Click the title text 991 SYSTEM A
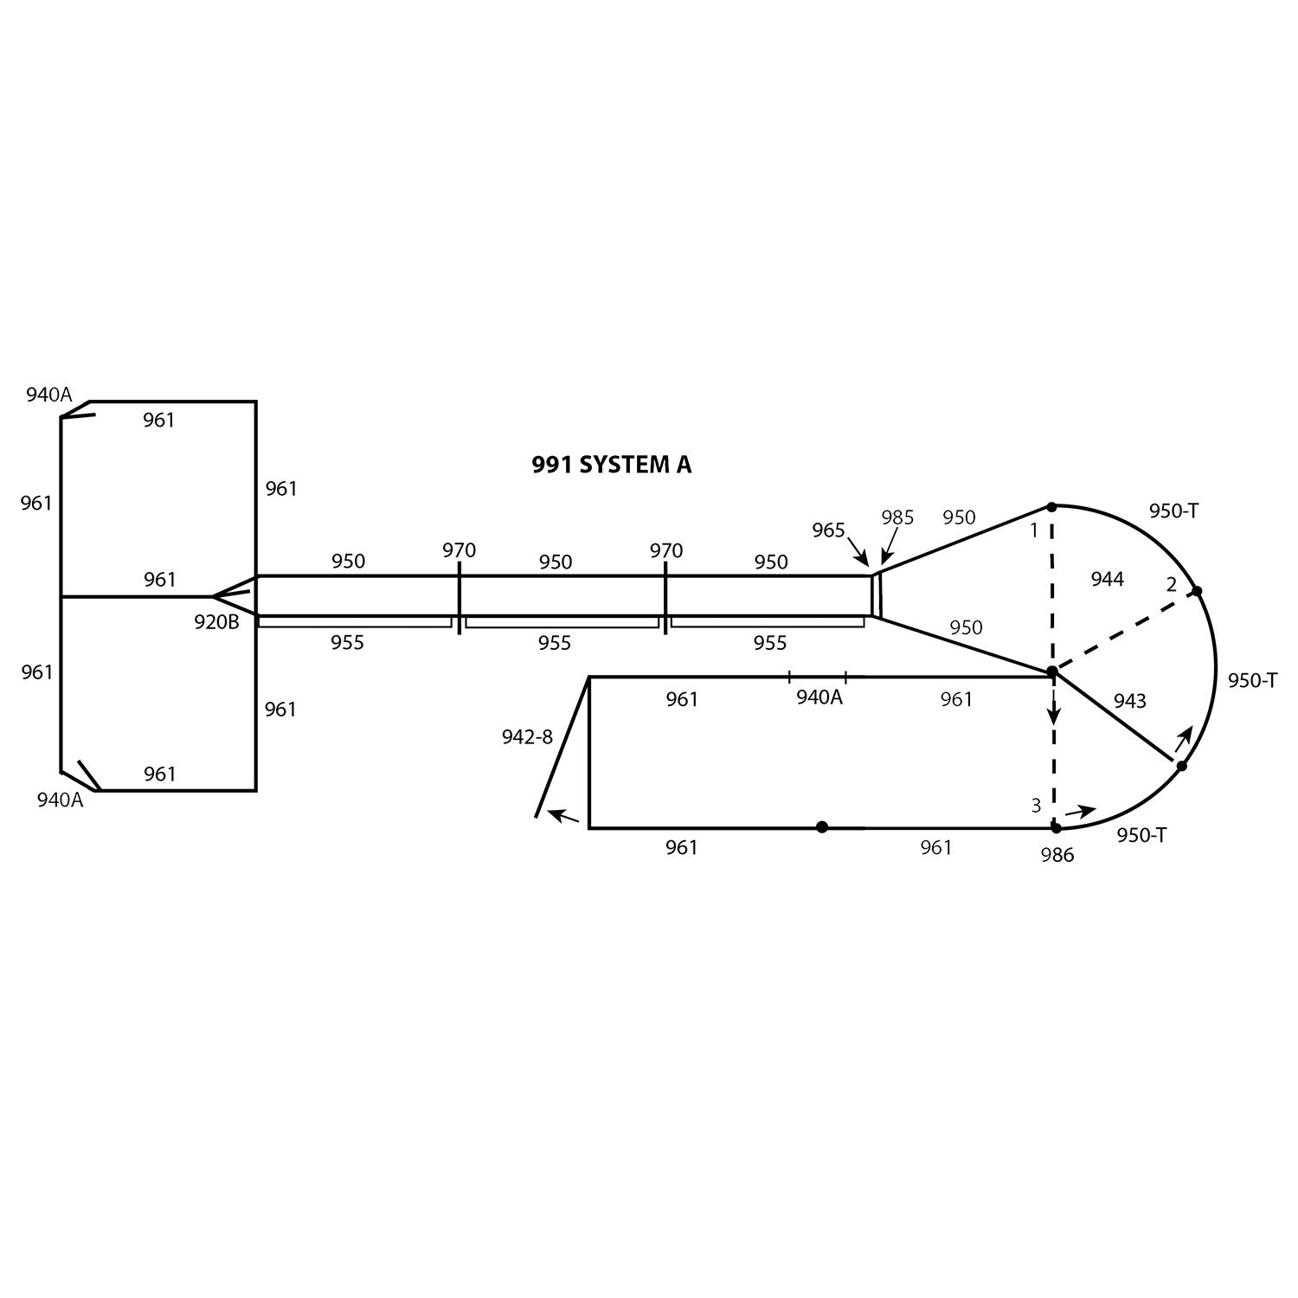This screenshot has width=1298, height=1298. click(611, 465)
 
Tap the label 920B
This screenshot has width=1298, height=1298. click(216, 621)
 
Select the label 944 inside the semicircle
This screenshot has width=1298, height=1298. click(1107, 580)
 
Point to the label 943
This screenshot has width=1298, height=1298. click(1129, 701)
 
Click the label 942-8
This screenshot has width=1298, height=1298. click(526, 737)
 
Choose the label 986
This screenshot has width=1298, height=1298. click(1057, 856)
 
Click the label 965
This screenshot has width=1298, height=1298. click(828, 530)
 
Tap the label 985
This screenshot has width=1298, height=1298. click(897, 517)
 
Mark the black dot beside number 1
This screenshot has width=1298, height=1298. click(1051, 506)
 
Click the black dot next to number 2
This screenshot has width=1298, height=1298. click(1197, 591)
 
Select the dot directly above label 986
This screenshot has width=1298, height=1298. click(1056, 828)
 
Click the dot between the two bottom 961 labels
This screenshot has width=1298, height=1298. click(822, 827)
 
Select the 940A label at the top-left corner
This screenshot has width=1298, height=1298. click(49, 395)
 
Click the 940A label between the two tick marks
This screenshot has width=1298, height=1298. click(819, 697)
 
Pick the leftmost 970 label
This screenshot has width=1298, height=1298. click(459, 550)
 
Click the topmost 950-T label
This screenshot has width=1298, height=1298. click(1173, 511)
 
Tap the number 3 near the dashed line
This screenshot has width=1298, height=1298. click(1036, 806)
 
